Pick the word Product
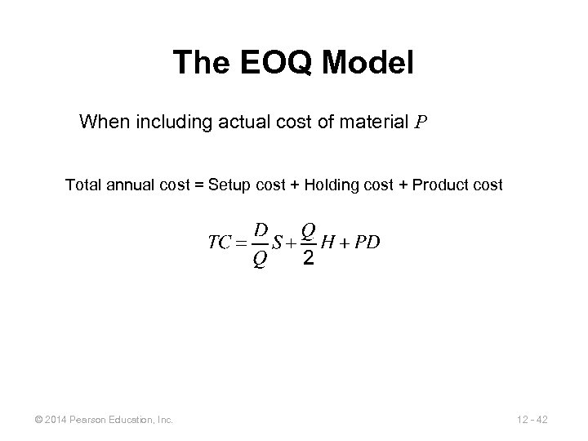point(441,185)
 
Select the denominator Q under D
point(260,261)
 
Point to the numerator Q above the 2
point(309,229)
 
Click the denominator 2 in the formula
point(308,259)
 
